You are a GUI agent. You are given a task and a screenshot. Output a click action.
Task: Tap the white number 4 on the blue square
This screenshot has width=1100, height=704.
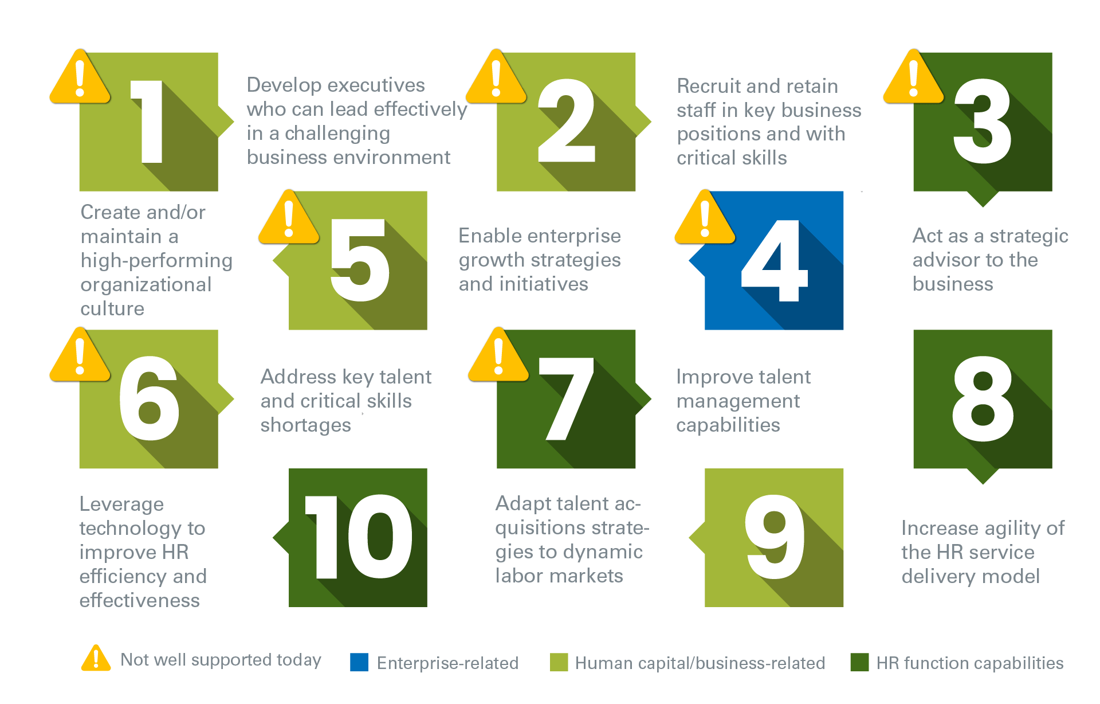click(775, 261)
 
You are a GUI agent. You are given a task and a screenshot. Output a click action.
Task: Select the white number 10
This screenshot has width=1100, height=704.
click(359, 537)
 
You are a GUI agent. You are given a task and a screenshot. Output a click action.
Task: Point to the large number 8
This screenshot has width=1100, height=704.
click(983, 399)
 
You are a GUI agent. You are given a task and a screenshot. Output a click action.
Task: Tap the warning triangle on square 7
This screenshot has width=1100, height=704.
click(498, 355)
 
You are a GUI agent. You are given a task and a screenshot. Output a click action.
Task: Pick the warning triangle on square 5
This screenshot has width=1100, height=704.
click(289, 218)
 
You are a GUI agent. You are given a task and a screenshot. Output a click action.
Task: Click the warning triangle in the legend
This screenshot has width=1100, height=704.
click(96, 658)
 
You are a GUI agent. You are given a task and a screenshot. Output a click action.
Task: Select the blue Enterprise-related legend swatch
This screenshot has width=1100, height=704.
click(359, 662)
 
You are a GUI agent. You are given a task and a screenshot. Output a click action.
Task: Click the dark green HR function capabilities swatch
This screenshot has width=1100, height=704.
click(859, 662)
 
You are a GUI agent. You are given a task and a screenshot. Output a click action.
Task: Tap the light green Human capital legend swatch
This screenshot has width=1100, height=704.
click(559, 662)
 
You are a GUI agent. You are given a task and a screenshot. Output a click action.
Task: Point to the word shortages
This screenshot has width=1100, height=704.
click(306, 425)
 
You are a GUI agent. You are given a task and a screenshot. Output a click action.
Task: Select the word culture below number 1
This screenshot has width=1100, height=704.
click(112, 308)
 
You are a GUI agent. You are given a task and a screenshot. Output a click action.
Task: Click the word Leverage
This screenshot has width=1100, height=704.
click(121, 504)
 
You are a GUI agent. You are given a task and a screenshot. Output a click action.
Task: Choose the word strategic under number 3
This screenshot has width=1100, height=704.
click(1029, 236)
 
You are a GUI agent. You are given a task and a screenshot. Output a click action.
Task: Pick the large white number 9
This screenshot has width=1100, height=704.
click(775, 537)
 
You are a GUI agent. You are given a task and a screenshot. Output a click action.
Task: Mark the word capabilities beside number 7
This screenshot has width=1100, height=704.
click(728, 425)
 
